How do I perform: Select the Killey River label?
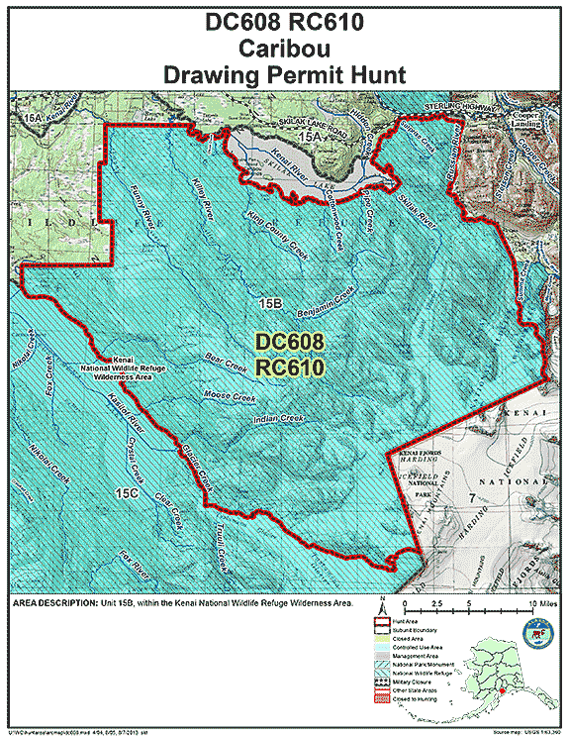coord(203,199)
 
